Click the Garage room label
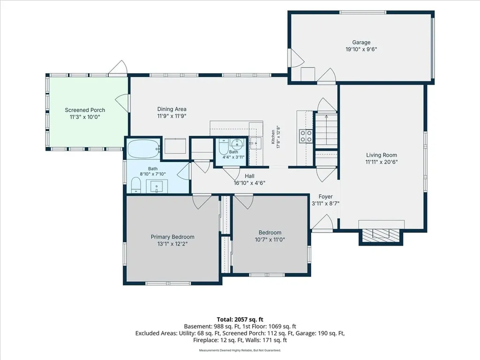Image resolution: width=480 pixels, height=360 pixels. tap(361, 43)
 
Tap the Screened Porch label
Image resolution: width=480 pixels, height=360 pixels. tap(85, 110)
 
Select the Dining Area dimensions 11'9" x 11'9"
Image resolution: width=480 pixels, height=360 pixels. tap(172, 116)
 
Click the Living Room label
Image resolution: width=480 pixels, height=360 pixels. tap(382, 155)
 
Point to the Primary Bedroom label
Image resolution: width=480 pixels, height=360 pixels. tap(172, 237)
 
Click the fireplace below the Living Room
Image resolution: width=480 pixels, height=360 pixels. tap(381, 235)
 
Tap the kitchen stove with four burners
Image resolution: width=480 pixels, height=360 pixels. tap(306, 136)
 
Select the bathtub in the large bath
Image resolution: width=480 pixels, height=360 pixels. tap(143, 149)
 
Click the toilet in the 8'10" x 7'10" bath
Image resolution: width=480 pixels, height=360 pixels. tap(135, 186)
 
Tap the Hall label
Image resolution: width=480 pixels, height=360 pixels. tap(249, 176)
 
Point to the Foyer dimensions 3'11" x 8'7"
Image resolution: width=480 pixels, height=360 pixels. tap(325, 203)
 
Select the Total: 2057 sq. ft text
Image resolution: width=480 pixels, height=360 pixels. tap(240, 320)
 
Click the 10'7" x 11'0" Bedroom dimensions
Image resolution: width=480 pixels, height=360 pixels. tap(270, 240)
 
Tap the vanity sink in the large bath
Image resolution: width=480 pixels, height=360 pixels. tap(157, 186)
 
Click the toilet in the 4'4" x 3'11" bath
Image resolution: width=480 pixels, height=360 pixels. tap(223, 147)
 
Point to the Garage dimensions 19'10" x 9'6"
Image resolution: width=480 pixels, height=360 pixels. tap(361, 49)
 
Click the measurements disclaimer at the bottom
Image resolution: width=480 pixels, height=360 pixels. tap(240, 350)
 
